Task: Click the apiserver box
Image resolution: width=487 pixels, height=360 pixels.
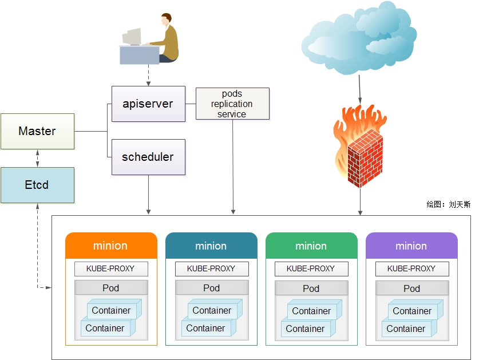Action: pos(148,104)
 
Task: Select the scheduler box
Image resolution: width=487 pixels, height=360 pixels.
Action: pos(148,157)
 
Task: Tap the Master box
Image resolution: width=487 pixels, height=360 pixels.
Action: pos(37,131)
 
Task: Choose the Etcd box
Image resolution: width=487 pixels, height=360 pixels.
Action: pos(37,185)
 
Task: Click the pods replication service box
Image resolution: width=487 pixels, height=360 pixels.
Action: pos(232,104)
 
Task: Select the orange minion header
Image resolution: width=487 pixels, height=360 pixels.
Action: pos(111,246)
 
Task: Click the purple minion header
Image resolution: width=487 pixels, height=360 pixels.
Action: pos(411,246)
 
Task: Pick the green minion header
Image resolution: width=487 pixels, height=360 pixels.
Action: pos(311,246)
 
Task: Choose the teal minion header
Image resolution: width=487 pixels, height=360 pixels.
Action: pos(211,246)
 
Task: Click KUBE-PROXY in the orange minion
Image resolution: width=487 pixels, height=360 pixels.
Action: pos(111,268)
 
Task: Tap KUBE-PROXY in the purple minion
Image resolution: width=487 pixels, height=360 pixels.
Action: pos(411,268)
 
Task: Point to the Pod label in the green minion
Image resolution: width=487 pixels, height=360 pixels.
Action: pos(311,288)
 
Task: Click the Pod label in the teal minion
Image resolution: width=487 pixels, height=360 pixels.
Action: pos(211,288)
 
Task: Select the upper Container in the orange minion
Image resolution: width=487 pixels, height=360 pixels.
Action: pos(112,310)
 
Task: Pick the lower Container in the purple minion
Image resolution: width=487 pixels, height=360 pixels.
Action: pos(406,329)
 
